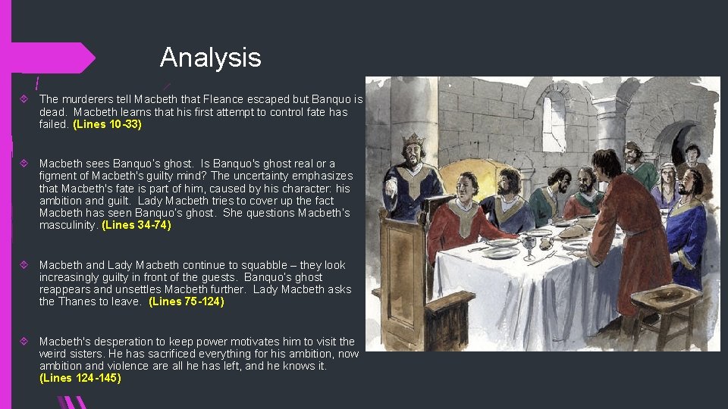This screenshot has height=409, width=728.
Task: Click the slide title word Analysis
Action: point(210,58)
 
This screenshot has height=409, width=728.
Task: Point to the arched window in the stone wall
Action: point(554,121)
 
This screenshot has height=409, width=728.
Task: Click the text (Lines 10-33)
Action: point(107,124)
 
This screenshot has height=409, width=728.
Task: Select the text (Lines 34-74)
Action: point(136,225)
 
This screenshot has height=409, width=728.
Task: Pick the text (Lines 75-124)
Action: point(187,301)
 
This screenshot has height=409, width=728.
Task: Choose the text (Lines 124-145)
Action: point(80,378)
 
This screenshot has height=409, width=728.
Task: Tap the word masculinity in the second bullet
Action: point(68,225)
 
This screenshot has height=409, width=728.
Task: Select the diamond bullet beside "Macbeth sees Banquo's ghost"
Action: point(27,164)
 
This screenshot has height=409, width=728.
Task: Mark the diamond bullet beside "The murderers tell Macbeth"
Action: point(27,99)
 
